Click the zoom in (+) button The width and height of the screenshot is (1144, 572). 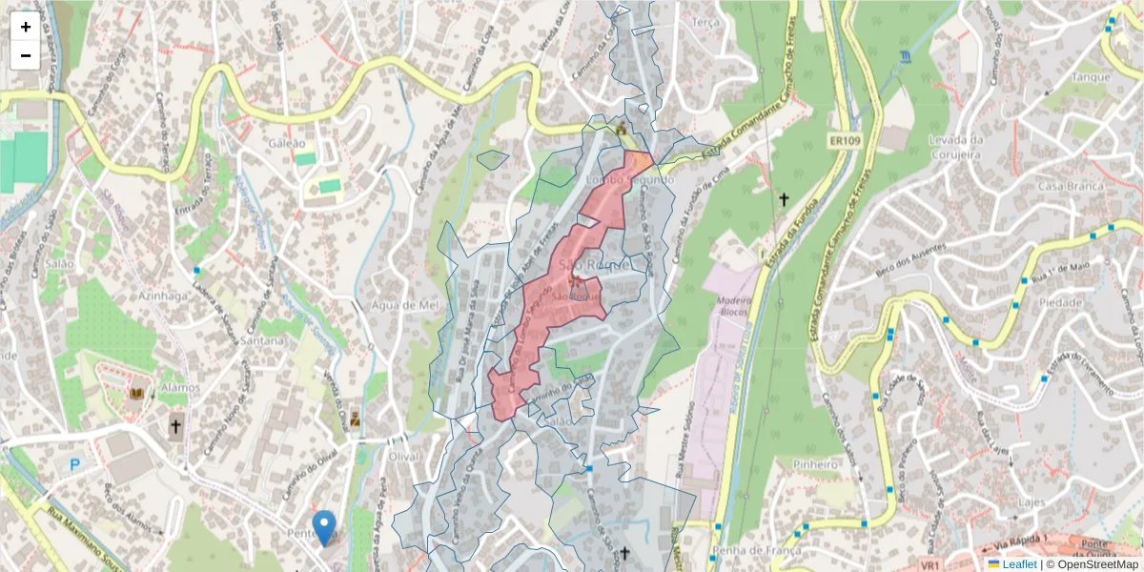tap(26, 27)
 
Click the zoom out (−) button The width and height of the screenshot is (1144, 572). tap(26, 55)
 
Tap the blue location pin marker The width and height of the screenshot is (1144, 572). tap(324, 526)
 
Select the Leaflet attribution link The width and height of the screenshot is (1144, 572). tap(1019, 564)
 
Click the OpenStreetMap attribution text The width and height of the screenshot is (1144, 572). tap(1092, 564)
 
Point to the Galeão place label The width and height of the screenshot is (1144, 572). tap(287, 143)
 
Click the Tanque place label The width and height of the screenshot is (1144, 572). tap(1091, 77)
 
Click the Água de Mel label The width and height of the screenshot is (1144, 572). tap(407, 305)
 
